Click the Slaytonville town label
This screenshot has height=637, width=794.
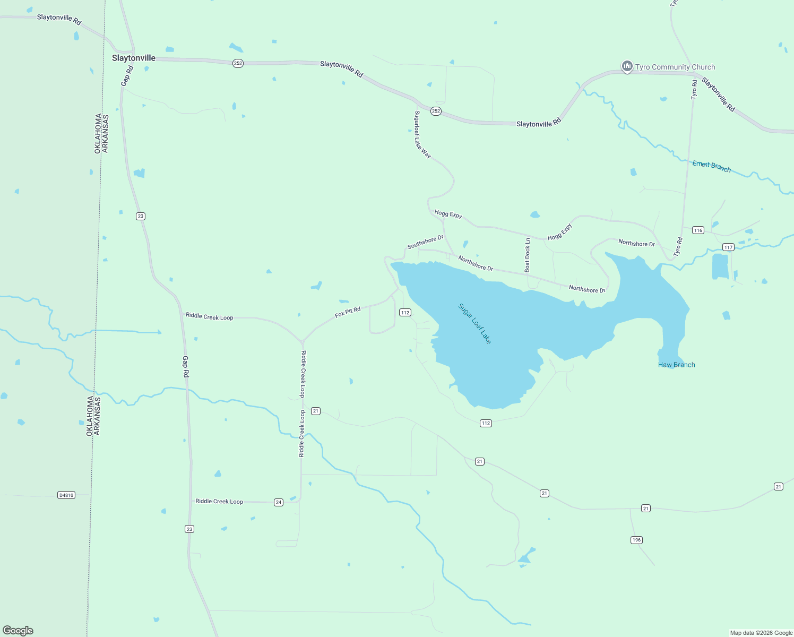click(134, 58)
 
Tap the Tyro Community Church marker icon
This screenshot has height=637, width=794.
click(627, 66)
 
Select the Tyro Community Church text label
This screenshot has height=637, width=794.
click(675, 67)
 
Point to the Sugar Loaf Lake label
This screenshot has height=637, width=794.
click(474, 323)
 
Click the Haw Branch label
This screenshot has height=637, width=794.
click(676, 365)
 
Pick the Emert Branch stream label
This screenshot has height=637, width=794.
click(711, 166)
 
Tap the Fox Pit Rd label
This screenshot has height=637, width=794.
click(348, 312)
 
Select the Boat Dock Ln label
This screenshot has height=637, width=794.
click(527, 255)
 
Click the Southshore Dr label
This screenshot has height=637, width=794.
click(425, 242)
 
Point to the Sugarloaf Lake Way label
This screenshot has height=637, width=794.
click(422, 134)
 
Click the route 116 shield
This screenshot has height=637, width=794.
click(698, 230)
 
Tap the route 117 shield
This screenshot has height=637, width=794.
click(728, 247)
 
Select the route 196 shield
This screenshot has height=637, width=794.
click(636, 540)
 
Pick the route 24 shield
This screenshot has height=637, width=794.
click(279, 502)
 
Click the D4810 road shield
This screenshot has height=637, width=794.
click(66, 495)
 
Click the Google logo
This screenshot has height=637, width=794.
click(18, 631)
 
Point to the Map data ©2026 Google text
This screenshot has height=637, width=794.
click(761, 633)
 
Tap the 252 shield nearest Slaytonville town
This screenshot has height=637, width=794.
click(238, 63)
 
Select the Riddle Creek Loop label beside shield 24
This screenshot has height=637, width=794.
click(219, 501)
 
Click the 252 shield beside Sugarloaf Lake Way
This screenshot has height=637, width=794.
click(436, 111)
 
